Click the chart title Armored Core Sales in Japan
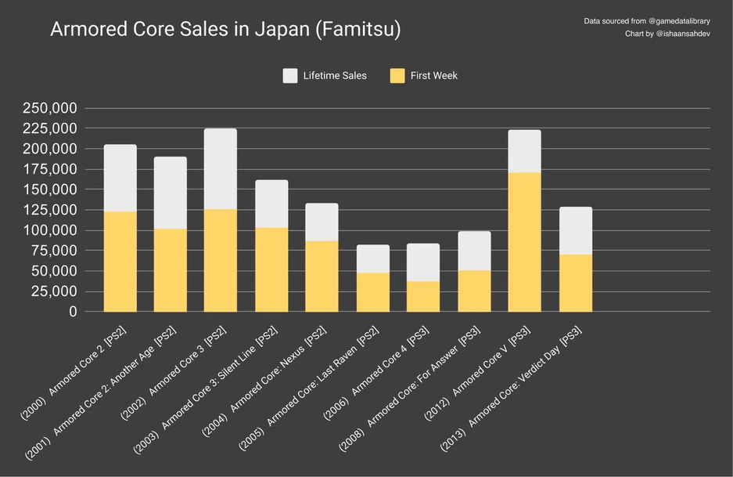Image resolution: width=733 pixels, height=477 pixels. tap(225, 30)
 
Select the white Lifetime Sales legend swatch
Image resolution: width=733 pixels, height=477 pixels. tap(290, 76)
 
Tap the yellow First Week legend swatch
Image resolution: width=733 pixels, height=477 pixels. tap(397, 76)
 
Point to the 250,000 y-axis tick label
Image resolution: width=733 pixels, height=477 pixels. tap(49, 108)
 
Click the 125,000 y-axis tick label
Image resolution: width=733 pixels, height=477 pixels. tap(49, 210)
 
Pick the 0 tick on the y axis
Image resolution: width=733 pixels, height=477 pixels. tap(73, 312)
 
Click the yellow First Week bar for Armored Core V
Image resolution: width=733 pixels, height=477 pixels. tap(524, 241)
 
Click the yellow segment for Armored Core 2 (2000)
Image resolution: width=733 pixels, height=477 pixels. tap(120, 261)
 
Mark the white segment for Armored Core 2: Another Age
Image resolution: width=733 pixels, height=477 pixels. tap(170, 193)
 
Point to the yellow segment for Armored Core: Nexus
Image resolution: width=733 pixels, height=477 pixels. tap(322, 276)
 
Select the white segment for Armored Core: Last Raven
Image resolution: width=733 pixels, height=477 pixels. tap(372, 258)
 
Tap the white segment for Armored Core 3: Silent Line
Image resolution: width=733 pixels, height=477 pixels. tap(271, 204)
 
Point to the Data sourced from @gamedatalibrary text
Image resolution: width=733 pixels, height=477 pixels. tap(647, 20)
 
